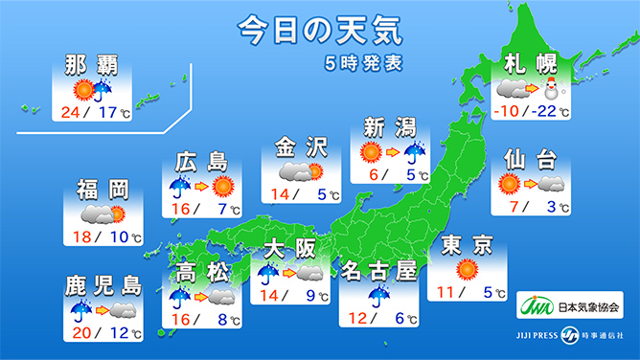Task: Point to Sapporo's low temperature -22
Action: tap(544, 112)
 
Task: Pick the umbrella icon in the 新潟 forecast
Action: tap(416, 152)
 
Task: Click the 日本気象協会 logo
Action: tap(573, 308)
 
